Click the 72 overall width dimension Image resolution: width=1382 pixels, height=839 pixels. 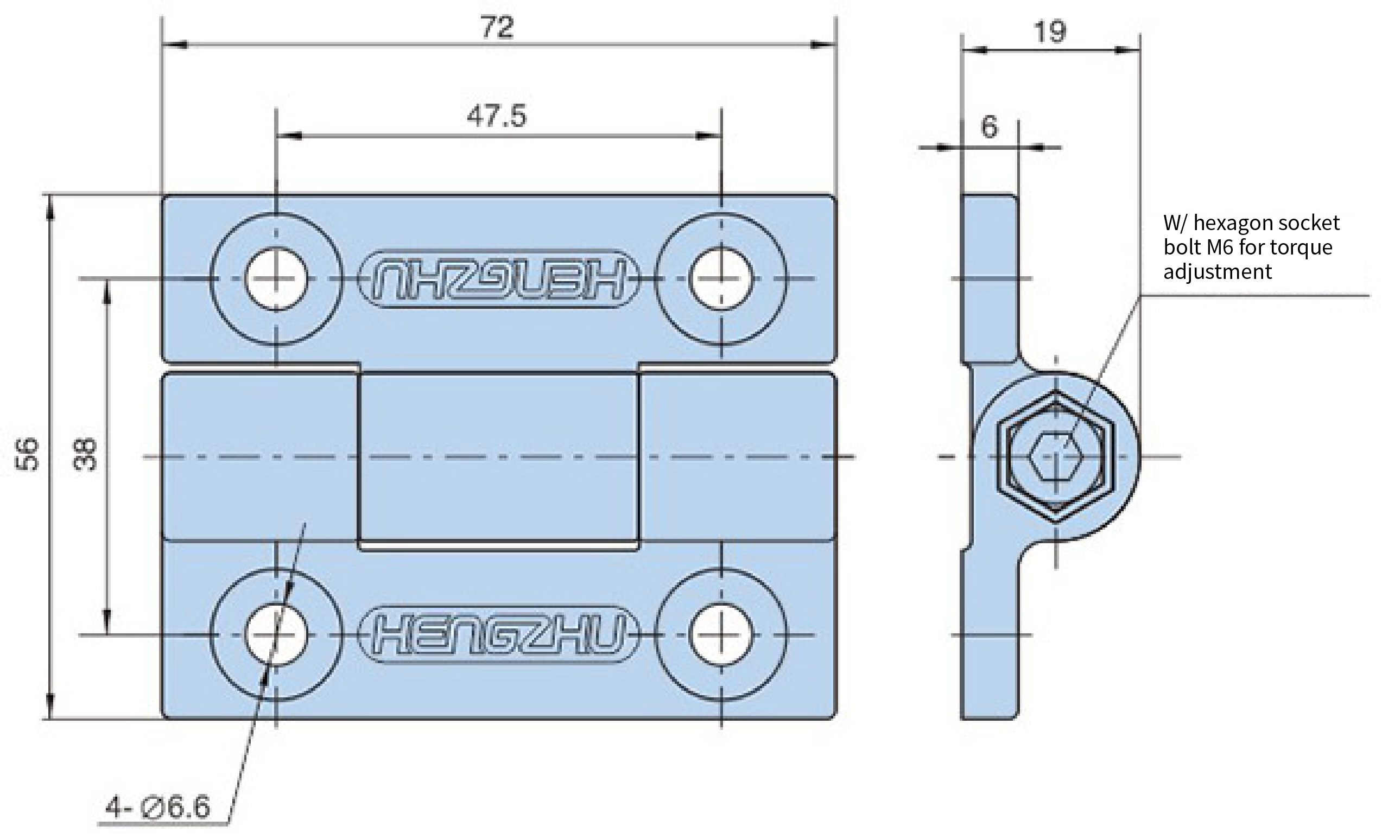coord(497,27)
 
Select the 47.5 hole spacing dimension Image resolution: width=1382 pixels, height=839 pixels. coord(497,116)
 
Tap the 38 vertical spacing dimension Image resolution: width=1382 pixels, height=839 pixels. coord(85,454)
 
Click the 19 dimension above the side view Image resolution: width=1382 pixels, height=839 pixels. coord(1049,31)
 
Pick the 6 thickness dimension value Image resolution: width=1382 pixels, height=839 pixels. coord(990,127)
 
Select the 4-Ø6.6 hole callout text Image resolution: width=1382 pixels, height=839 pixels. coord(158,808)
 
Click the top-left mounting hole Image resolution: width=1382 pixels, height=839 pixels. coord(276,278)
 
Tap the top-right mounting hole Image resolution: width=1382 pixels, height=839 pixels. coord(721,278)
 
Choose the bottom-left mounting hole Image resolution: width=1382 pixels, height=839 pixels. coord(276,635)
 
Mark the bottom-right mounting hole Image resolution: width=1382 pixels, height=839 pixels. coord(721,635)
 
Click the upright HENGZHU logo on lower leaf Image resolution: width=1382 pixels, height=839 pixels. coord(498,634)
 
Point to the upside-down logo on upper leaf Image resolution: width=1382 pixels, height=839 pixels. coord(498,278)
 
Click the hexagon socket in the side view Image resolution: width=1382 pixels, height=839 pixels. coord(1056,456)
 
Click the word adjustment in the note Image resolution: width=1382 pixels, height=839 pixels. coord(1217,272)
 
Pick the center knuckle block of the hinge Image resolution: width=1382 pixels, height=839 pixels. coord(499,457)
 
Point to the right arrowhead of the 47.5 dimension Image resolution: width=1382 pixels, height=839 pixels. coord(708,136)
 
